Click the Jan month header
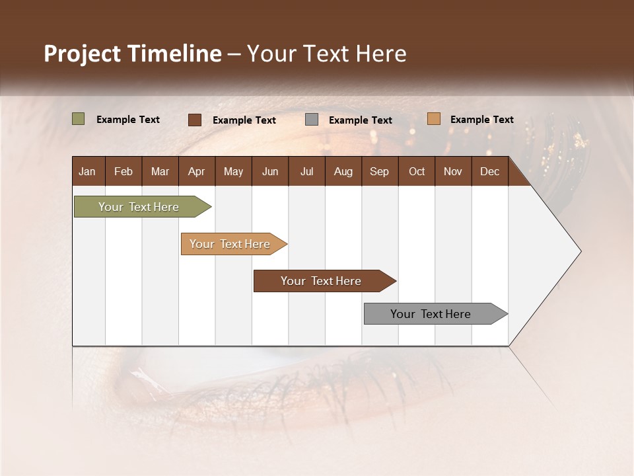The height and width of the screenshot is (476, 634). (87, 171)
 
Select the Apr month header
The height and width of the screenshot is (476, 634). (197, 171)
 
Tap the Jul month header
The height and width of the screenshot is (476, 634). (306, 171)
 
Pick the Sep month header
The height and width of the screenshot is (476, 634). (379, 171)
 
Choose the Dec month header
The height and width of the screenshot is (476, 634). (489, 171)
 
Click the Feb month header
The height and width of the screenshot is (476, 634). (123, 171)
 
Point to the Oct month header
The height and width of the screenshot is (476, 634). (417, 171)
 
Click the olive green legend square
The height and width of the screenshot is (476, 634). (78, 119)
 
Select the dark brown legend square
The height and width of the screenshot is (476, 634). (195, 120)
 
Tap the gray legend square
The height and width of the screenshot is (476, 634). (312, 120)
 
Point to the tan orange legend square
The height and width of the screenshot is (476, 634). (433, 119)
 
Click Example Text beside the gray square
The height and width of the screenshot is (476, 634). (360, 120)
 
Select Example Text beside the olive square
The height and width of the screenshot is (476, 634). (128, 120)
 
